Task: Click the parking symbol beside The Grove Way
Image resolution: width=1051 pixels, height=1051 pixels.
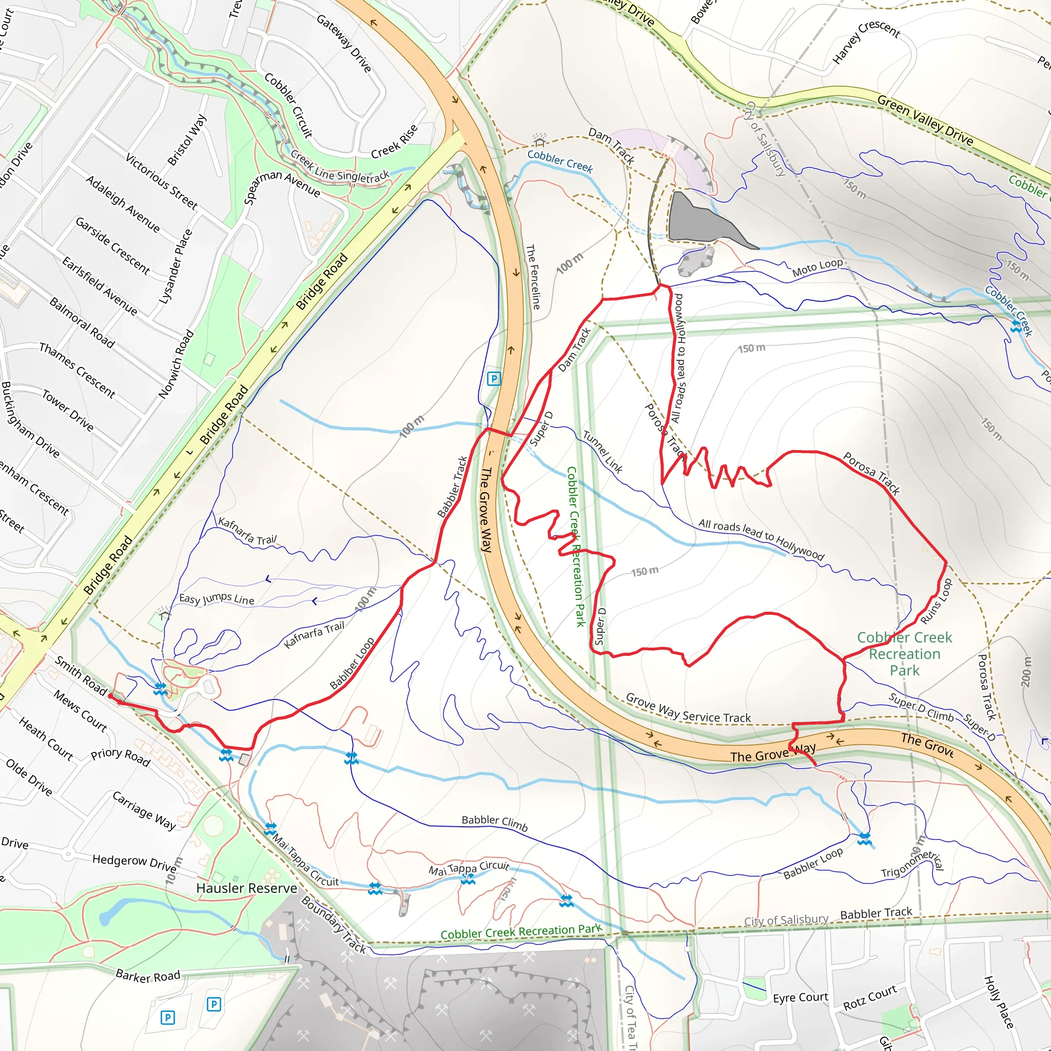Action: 493,379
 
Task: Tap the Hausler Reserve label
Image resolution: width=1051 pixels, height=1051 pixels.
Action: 246,888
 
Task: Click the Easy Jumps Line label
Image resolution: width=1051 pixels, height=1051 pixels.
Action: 217,599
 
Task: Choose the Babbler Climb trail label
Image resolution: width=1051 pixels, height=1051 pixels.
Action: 495,823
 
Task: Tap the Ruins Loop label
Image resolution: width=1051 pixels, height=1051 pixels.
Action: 936,601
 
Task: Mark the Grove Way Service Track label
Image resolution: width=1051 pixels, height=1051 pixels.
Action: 688,708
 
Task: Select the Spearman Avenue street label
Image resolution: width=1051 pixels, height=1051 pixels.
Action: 282,187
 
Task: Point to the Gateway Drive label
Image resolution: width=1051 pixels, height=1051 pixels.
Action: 344,43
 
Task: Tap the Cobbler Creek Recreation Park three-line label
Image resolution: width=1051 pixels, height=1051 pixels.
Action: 904,653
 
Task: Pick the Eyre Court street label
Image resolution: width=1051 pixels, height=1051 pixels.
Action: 800,997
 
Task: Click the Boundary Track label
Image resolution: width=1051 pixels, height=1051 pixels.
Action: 334,924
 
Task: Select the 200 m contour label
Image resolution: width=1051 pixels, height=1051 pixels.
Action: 1026,671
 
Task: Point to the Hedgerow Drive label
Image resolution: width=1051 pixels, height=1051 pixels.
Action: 134,862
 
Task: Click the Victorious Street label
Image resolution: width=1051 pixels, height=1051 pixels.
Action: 162,181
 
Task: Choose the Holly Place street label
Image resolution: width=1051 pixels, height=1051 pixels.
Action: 999,1002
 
